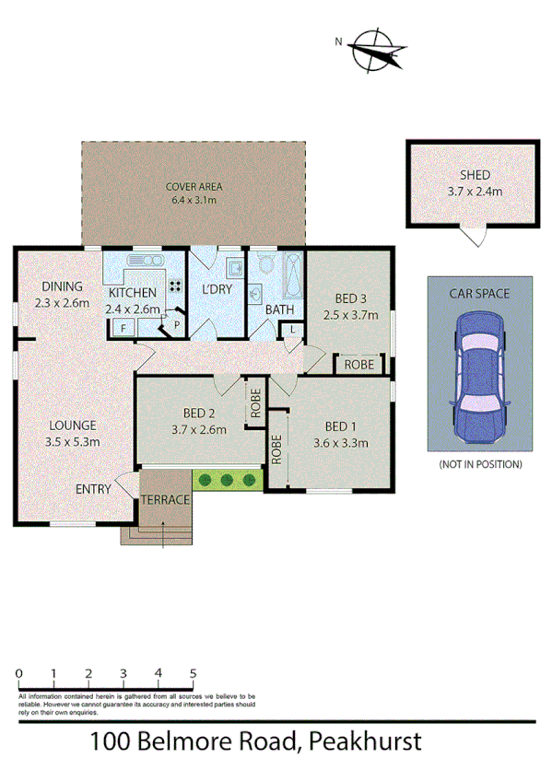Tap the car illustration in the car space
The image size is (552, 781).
479,368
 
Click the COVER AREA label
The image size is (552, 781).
194,187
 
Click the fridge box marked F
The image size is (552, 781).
123,326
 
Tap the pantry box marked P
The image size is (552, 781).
175,324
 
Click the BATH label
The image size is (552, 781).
279,310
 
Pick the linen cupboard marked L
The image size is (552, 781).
292,329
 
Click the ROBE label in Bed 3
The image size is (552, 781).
358,366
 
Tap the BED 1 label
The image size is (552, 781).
340,426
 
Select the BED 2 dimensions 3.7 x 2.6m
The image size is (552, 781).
199,428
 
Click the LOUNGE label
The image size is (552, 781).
73,425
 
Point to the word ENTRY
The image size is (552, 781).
93,488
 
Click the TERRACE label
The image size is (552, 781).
165,499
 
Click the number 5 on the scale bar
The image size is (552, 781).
194,673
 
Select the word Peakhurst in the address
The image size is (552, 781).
366,740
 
